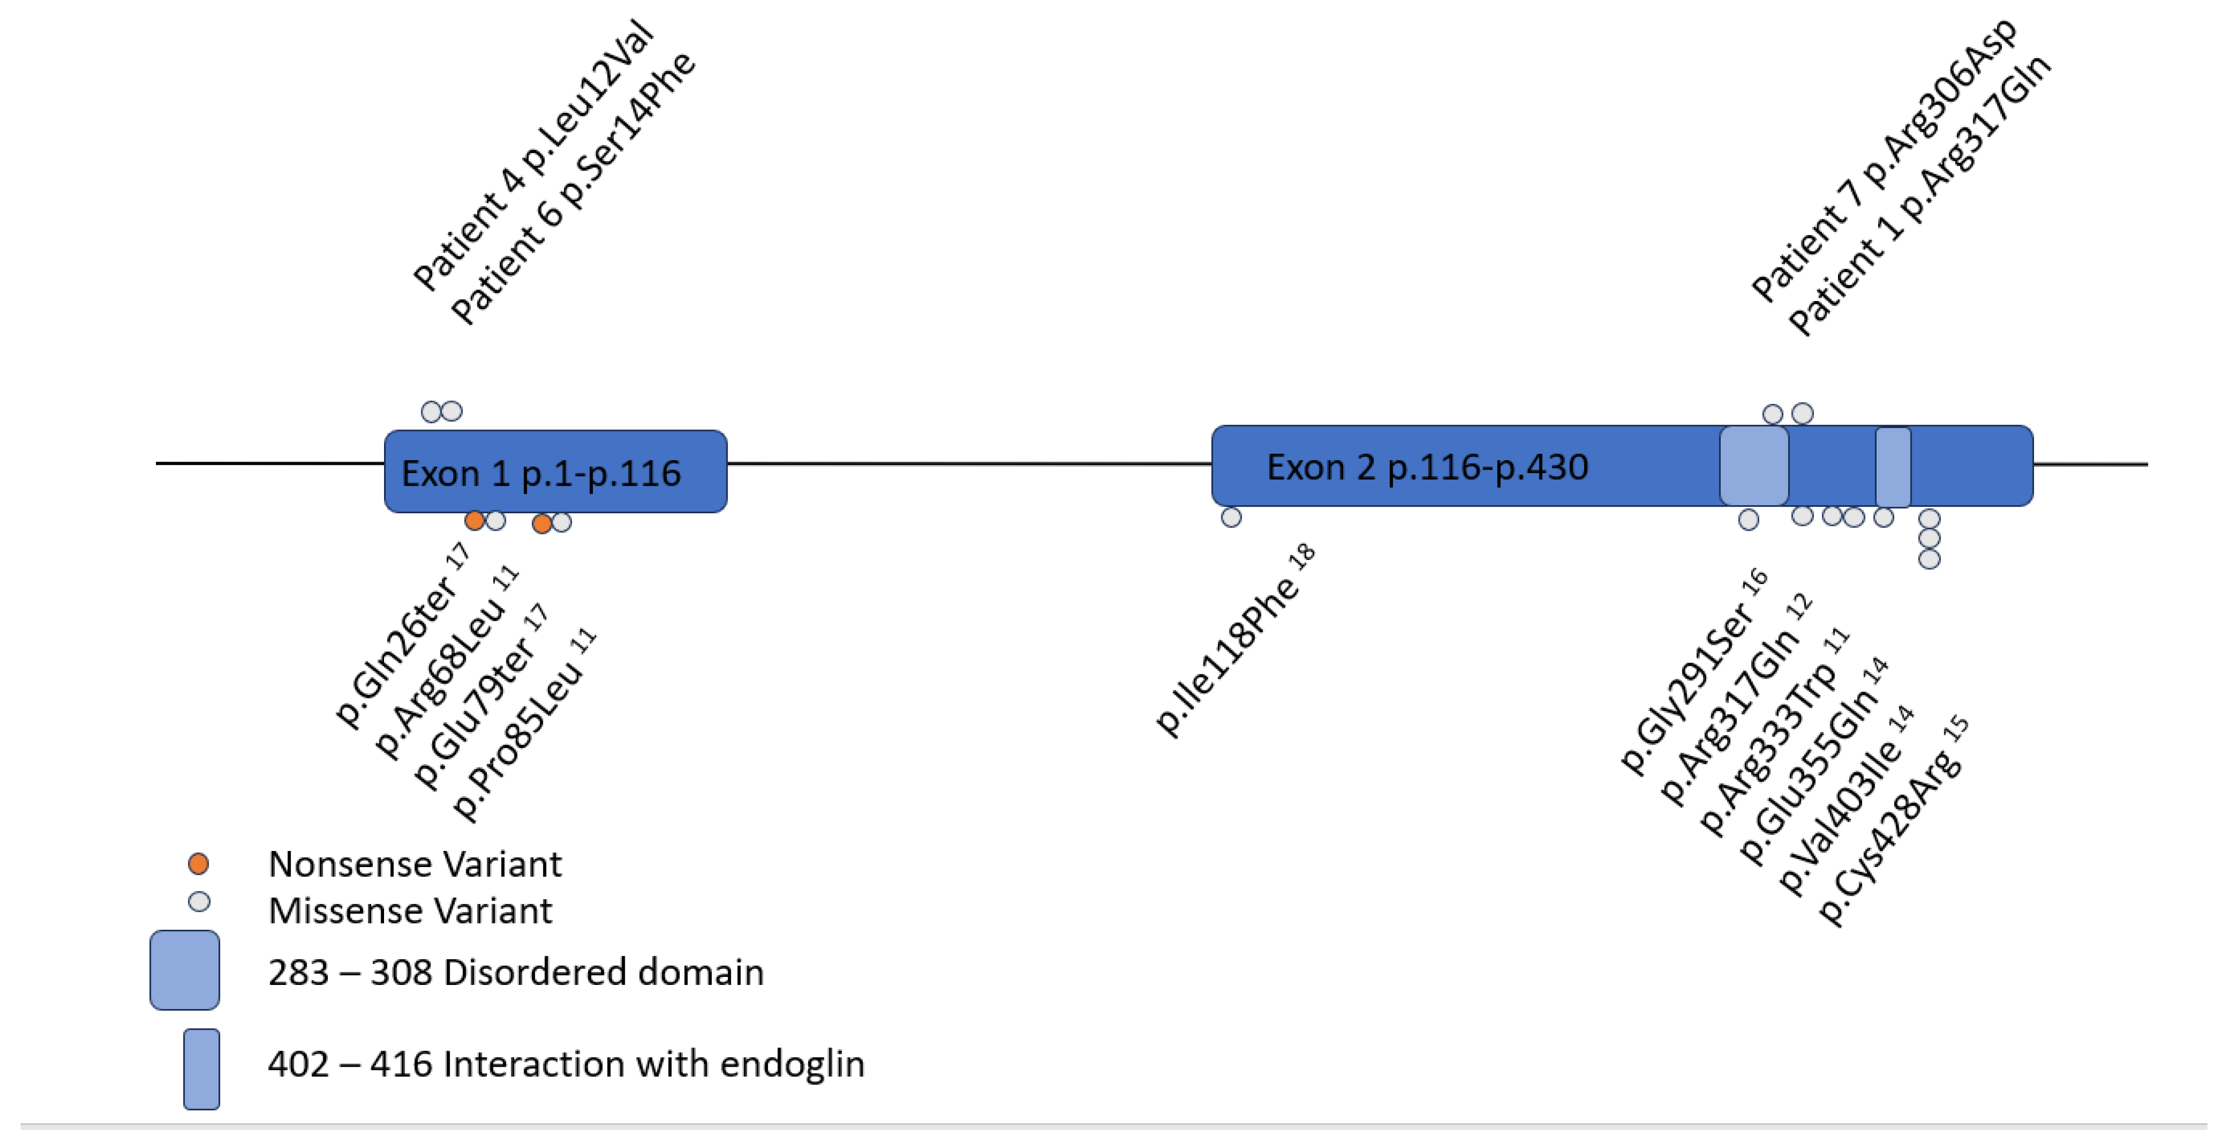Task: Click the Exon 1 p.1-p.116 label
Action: coord(540,474)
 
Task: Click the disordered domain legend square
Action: coord(184,969)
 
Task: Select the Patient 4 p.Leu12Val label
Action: coord(533,155)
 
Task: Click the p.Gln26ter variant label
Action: coord(400,637)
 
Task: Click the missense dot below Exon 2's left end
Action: coord(1231,517)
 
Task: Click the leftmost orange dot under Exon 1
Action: coord(473,520)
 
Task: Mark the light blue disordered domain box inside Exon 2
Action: coord(1753,466)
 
